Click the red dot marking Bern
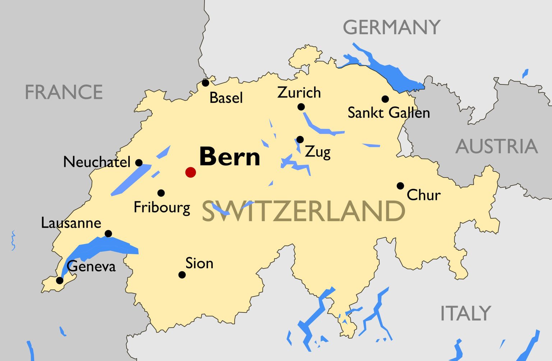(x=190, y=172)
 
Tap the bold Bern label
(x=230, y=157)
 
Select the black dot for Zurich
(x=301, y=107)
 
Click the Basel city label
(x=226, y=98)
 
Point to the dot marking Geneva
(x=60, y=280)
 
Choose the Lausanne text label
(x=71, y=223)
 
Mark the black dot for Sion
(x=182, y=275)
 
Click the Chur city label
(x=423, y=195)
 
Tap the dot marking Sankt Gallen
(x=385, y=99)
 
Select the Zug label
(x=318, y=152)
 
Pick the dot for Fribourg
(x=161, y=193)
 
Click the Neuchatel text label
(x=97, y=162)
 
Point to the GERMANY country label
(x=391, y=27)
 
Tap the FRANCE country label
(x=64, y=92)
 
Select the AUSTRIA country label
(x=497, y=146)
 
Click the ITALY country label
(x=465, y=313)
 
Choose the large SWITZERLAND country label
(x=303, y=211)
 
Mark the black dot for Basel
(x=205, y=83)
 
